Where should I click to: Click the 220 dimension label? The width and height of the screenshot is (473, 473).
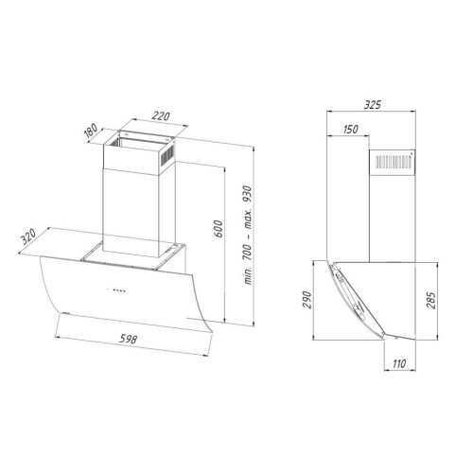161,116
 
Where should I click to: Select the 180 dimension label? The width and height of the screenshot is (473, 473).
92,131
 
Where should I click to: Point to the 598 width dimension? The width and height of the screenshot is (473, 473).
128,339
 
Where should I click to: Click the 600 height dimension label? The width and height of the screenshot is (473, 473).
218,229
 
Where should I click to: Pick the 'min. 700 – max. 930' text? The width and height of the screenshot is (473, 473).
248,236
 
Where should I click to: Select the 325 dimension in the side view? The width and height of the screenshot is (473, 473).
373,104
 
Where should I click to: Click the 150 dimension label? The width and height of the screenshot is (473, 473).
350,129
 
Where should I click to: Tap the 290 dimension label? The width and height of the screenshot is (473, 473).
307,300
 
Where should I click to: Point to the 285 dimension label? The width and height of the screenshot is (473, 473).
430,301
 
